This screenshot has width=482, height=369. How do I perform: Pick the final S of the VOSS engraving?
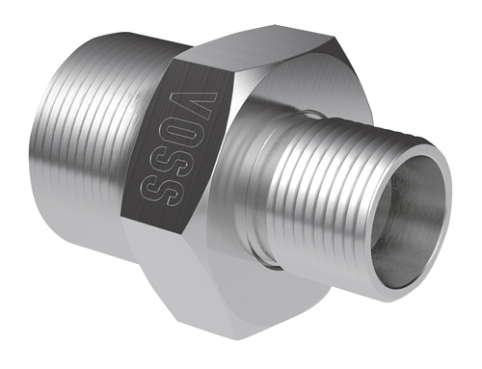[x=157, y=186]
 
